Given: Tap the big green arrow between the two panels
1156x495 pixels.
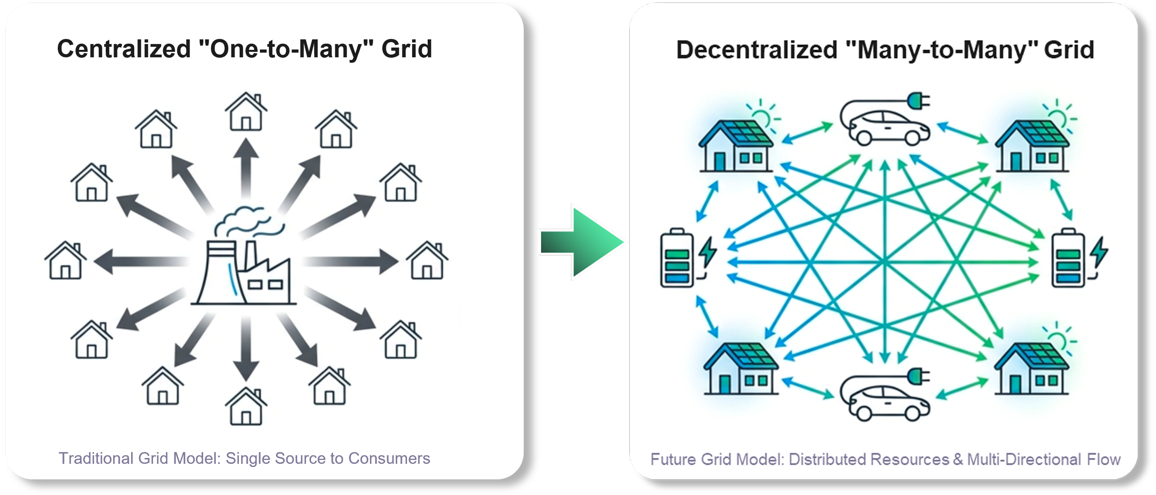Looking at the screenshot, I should click(x=583, y=242).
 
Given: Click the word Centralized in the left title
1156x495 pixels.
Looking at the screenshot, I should click(x=124, y=48).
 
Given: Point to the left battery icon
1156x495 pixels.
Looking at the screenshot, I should click(x=677, y=258).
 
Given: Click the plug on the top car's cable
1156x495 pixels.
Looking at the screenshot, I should click(x=917, y=101).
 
